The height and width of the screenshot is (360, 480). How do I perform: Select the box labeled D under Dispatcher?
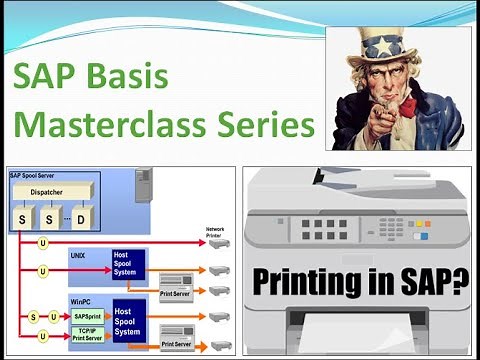tap(80, 216)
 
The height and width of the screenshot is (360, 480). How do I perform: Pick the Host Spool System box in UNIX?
tap(128, 265)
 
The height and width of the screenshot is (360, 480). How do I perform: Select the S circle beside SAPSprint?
tap(31, 316)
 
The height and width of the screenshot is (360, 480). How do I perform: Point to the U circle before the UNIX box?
tap(42, 271)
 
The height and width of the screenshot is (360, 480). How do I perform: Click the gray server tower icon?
tap(143, 184)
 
